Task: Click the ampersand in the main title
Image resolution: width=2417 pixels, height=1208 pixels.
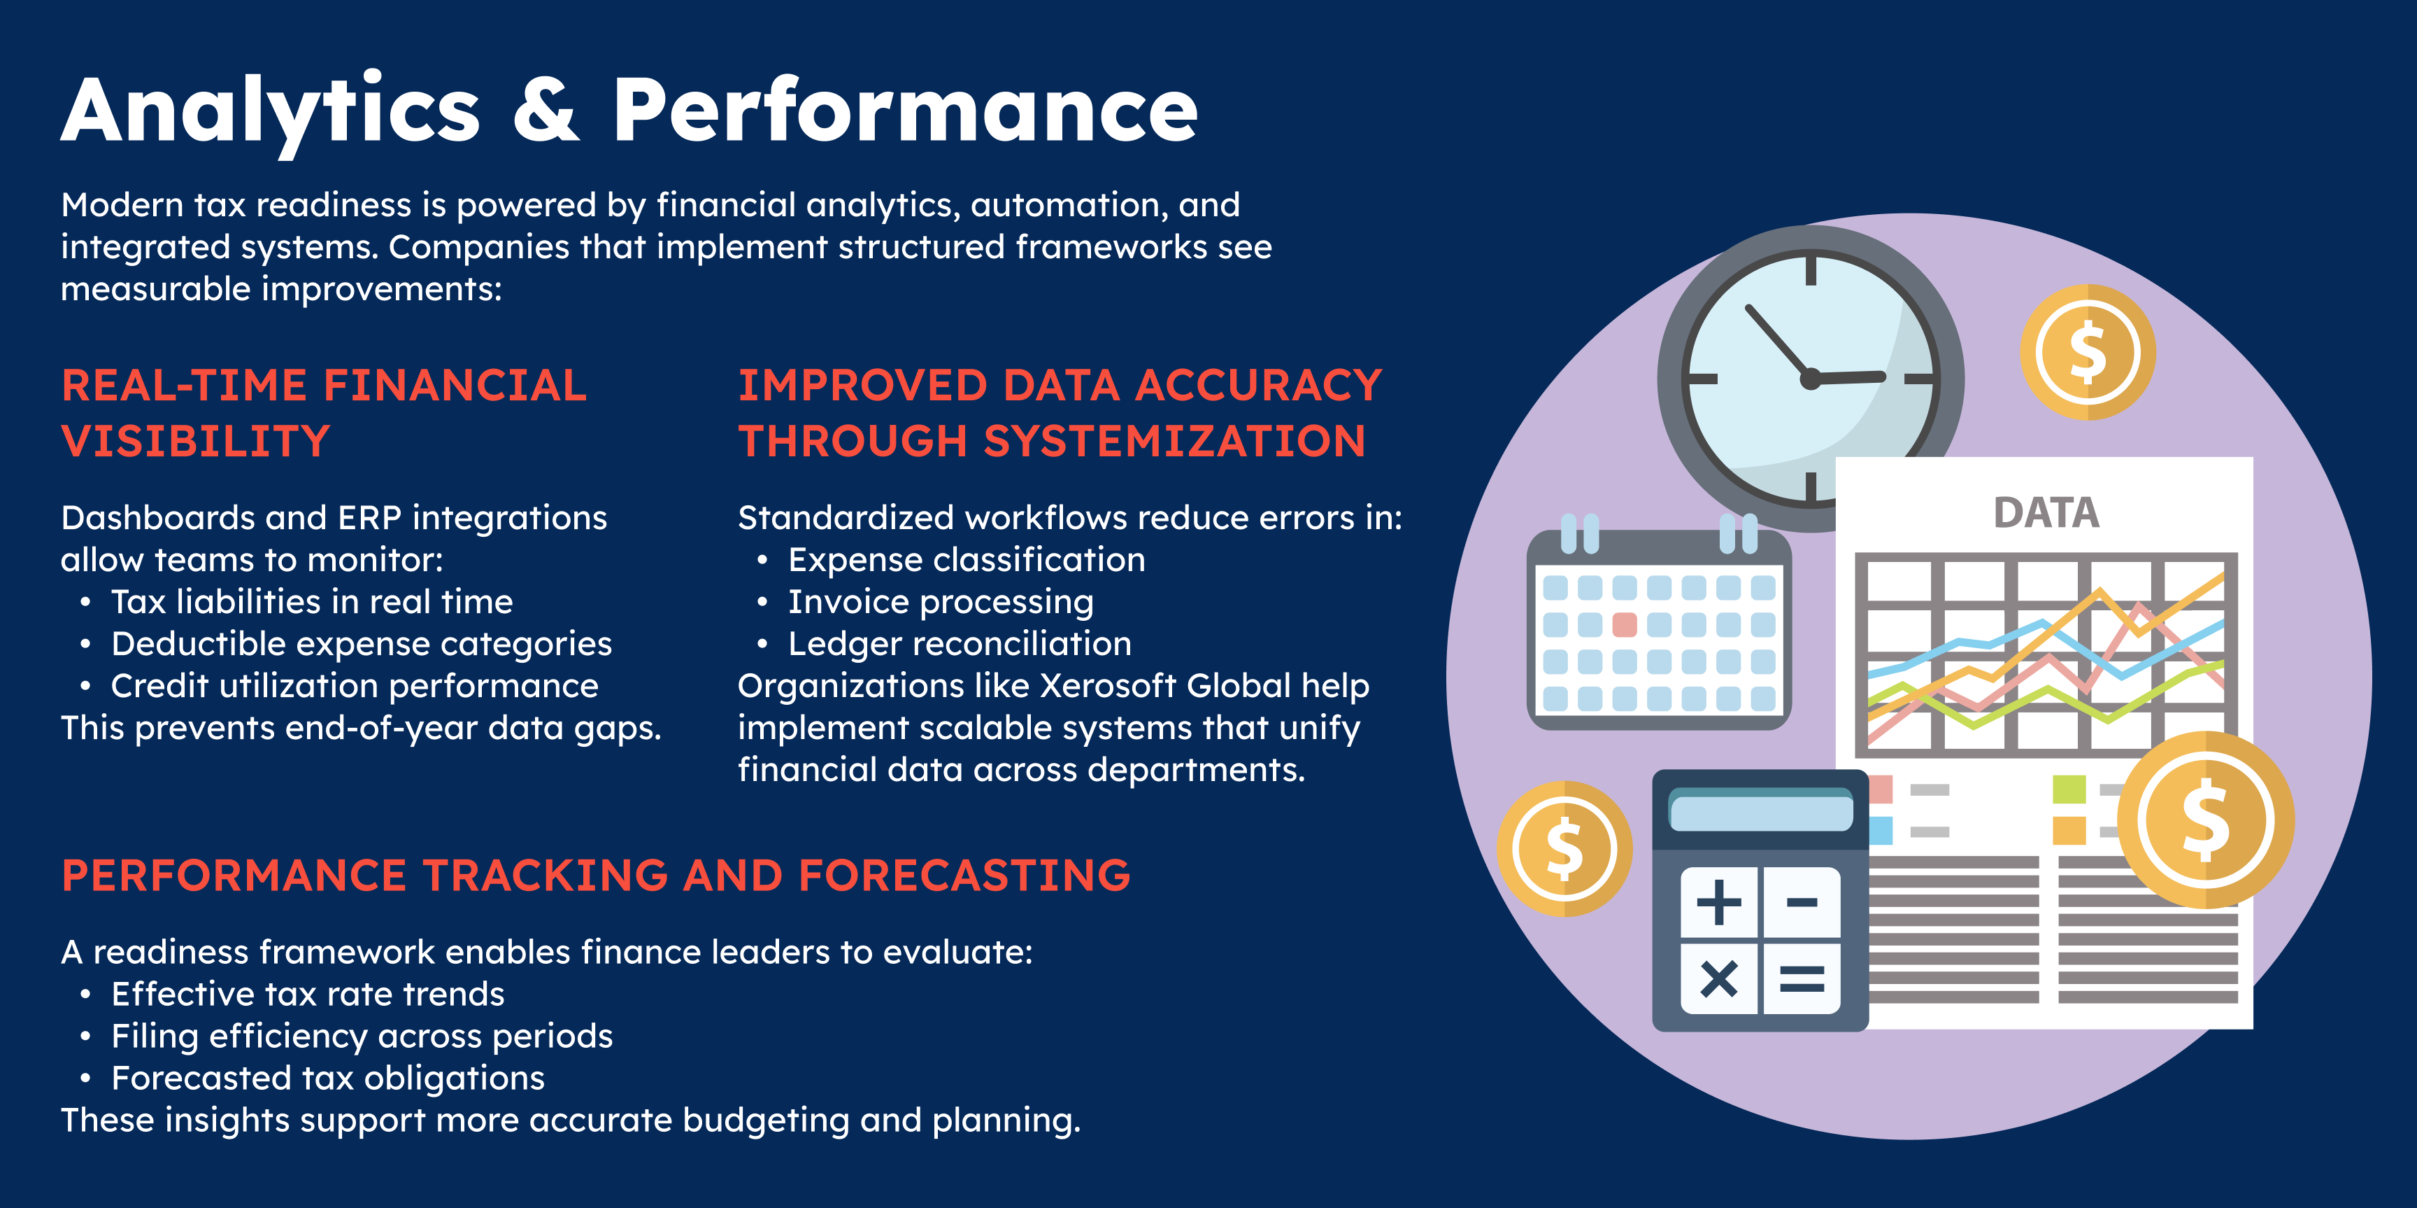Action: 547,111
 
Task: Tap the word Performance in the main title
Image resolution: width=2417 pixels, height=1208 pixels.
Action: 906,111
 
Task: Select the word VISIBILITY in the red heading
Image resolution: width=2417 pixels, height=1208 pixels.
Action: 196,441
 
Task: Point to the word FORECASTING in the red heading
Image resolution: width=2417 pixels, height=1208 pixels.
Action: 964,875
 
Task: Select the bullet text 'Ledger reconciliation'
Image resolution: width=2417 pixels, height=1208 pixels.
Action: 959,644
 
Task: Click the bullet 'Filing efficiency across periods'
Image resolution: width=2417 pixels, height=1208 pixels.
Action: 362,1037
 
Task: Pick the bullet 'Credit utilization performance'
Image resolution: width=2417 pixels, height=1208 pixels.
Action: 355,686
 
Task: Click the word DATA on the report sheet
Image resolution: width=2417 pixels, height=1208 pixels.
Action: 2046,512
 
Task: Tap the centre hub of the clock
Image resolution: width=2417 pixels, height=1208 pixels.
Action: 1810,379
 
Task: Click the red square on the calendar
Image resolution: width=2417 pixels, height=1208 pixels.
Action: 1624,624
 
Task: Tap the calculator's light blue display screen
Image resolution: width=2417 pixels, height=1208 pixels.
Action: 1761,812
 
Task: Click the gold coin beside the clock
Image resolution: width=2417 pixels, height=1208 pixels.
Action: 2088,352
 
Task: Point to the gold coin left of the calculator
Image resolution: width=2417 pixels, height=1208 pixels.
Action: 1564,848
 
